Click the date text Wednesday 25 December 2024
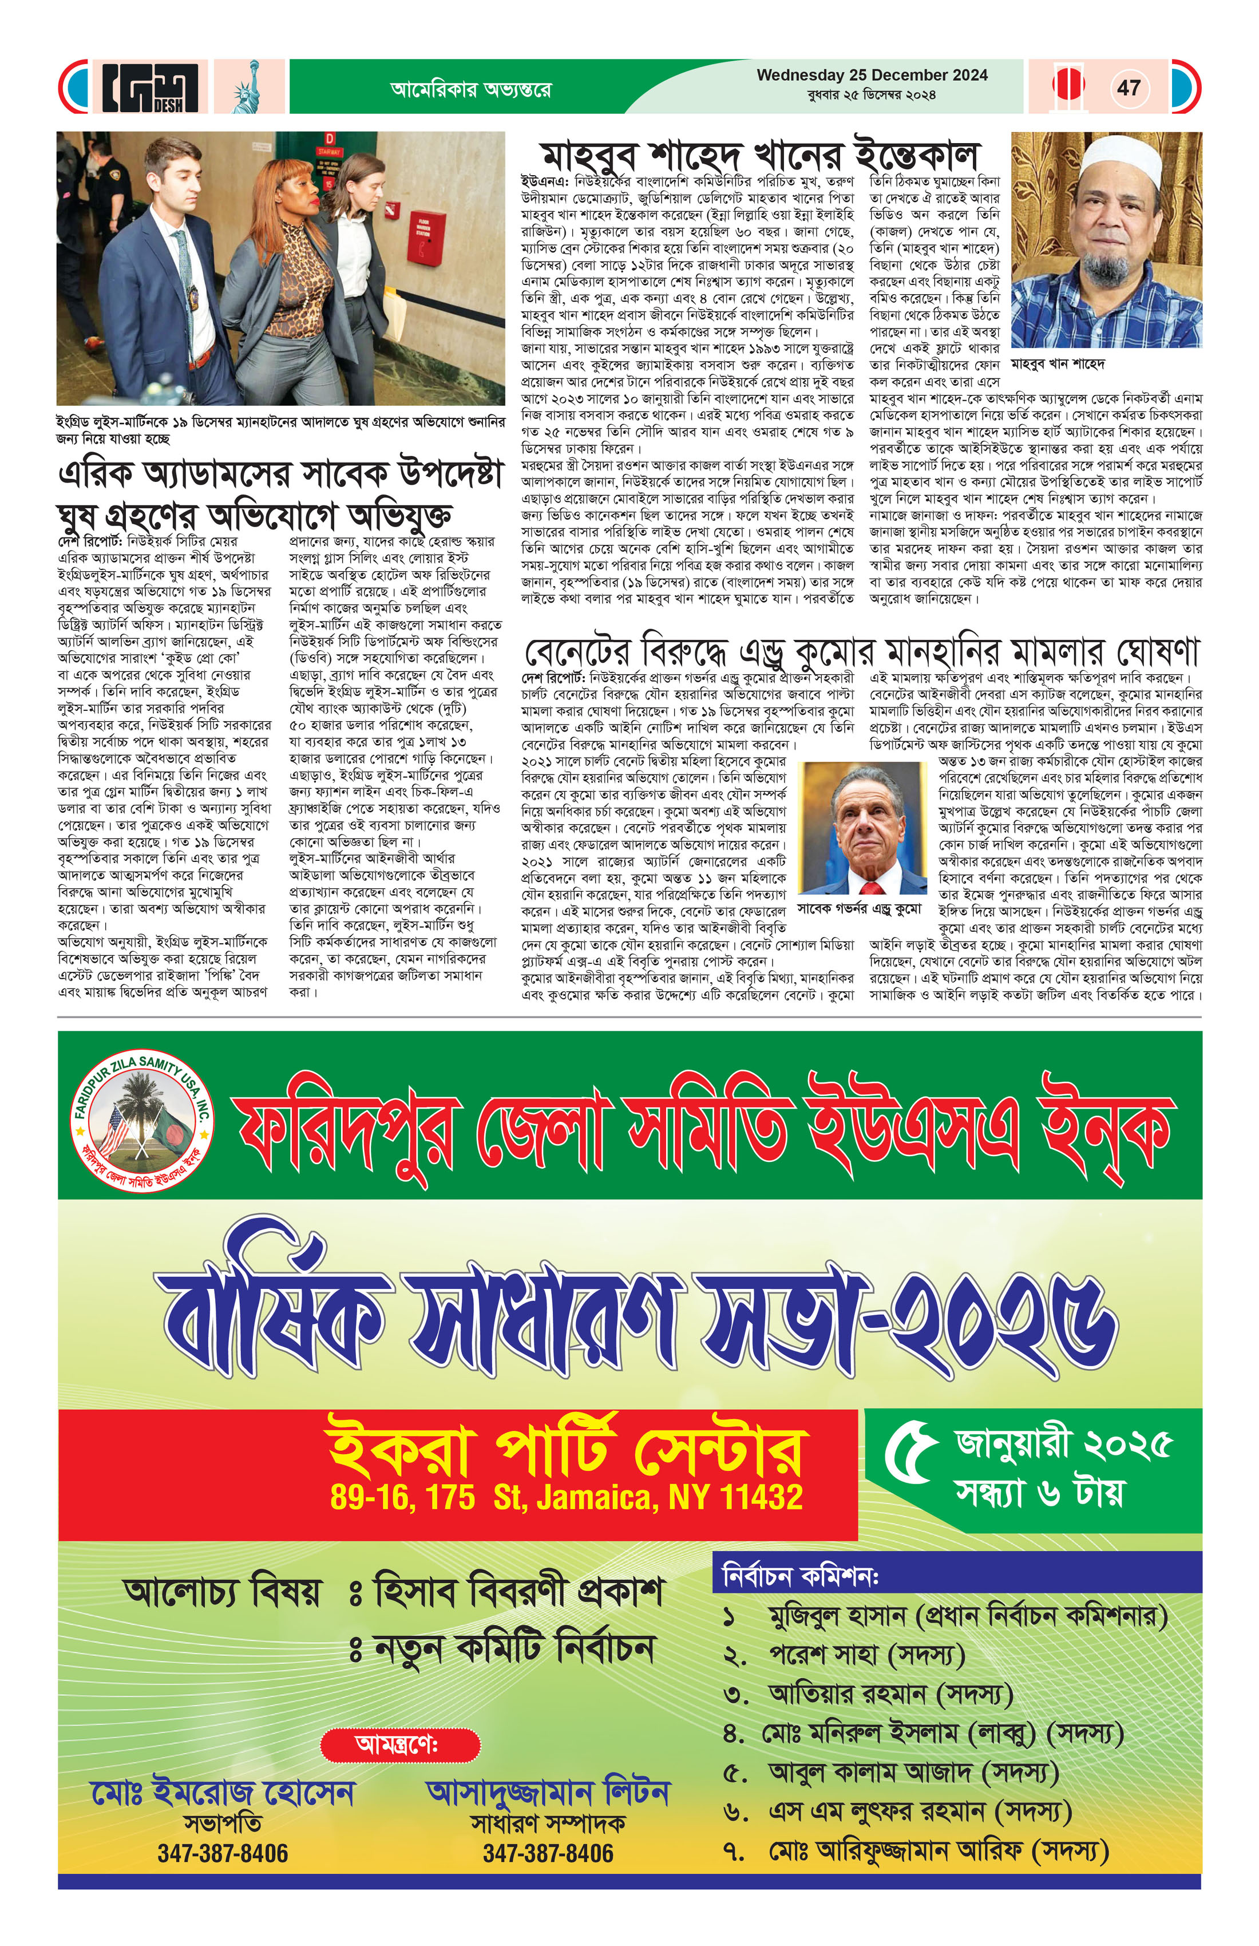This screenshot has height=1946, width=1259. (872, 75)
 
